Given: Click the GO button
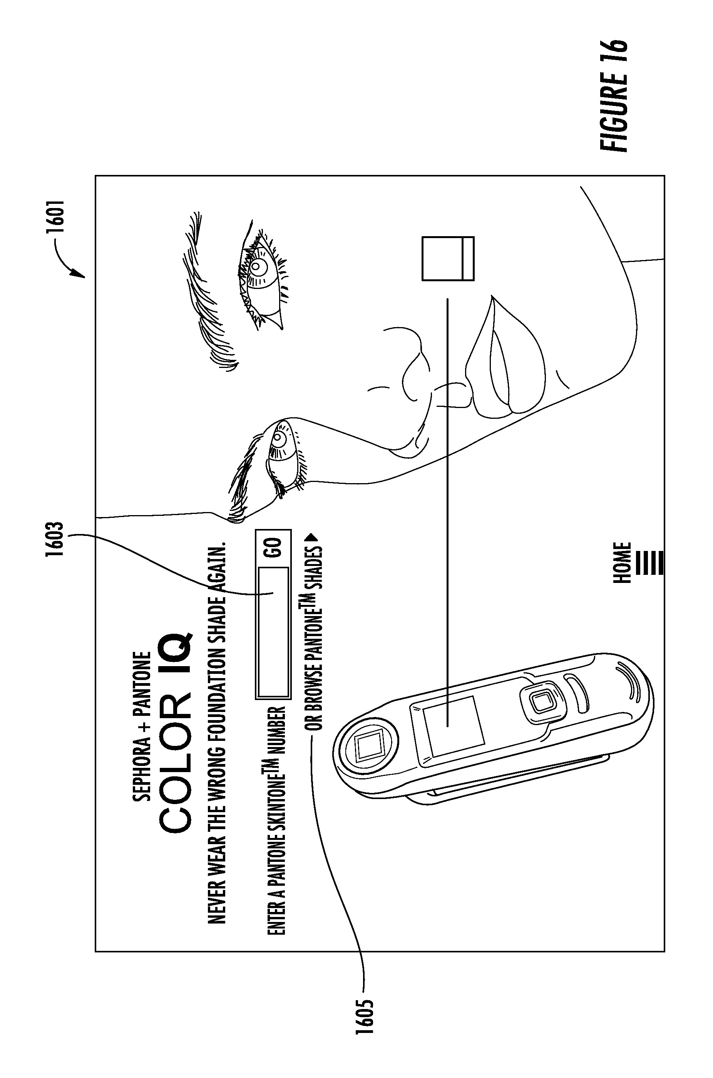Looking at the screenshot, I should click(x=273, y=548).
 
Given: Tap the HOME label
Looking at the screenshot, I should click(x=622, y=563).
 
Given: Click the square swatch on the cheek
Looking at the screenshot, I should click(x=447, y=259).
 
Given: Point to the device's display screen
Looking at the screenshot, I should click(x=452, y=727).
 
